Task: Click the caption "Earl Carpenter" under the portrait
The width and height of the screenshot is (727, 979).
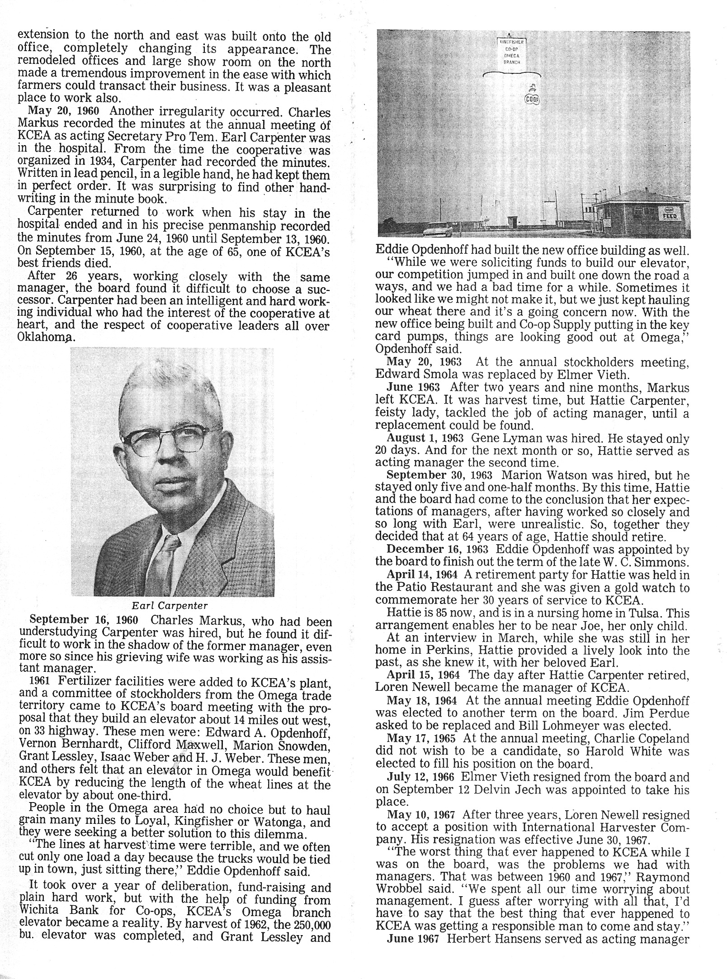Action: [x=172, y=605]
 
